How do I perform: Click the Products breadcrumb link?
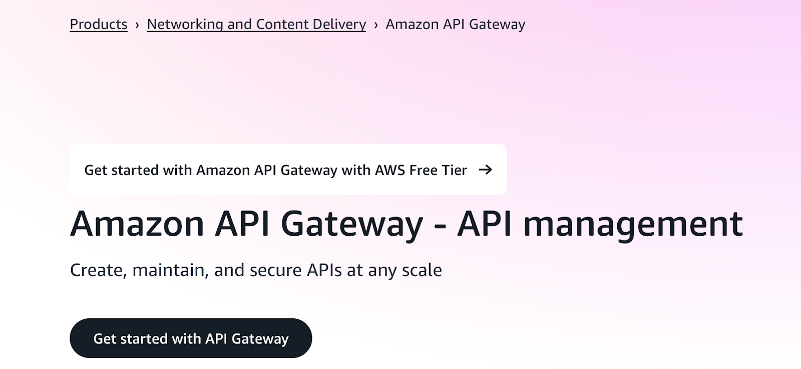point(99,24)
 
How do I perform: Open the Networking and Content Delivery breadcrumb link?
point(256,24)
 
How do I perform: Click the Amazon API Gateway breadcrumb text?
point(455,24)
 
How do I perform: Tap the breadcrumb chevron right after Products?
point(137,25)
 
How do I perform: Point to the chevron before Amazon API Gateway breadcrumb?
point(376,25)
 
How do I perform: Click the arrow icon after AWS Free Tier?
point(485,170)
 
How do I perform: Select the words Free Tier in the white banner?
point(438,170)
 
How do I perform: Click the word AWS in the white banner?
point(389,170)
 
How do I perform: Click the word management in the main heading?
point(633,224)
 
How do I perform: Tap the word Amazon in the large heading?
point(137,224)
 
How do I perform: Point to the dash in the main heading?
point(440,225)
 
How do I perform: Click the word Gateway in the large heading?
point(352,224)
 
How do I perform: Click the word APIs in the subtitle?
point(324,270)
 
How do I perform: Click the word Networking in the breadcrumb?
point(185,24)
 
